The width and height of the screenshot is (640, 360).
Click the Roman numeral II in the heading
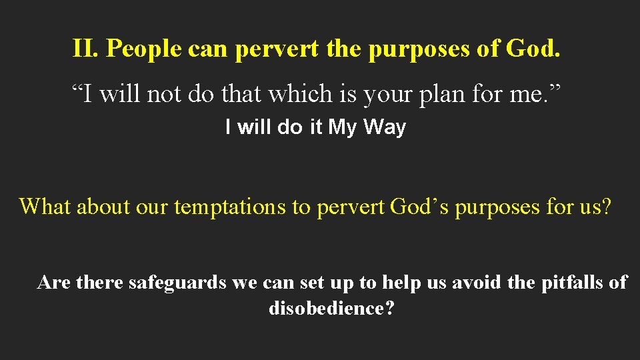coord(84,48)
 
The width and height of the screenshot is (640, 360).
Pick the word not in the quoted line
coord(166,94)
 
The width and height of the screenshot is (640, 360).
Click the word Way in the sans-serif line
coord(384,127)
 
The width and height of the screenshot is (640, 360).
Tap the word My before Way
coord(343,127)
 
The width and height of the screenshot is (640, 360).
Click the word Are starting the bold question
coord(54,283)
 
